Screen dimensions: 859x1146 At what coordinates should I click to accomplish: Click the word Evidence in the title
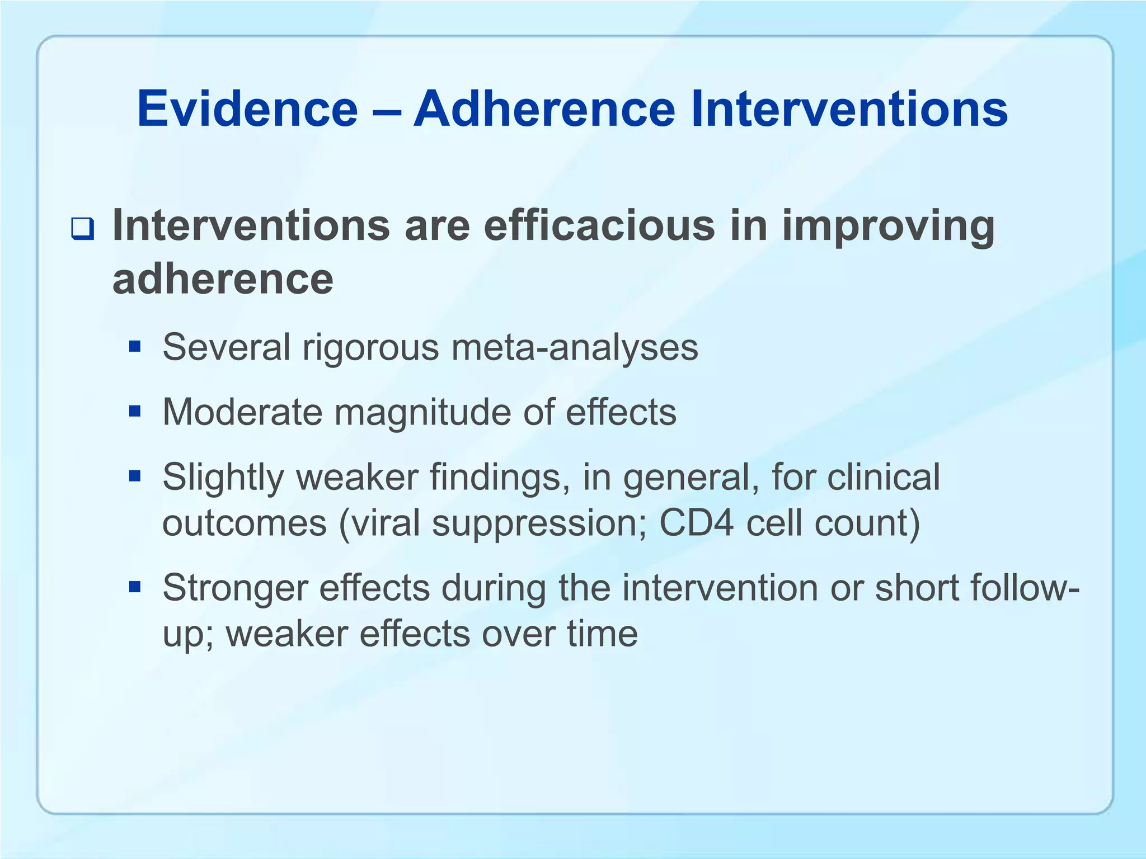coord(247,109)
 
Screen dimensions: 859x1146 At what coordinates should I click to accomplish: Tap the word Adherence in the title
coord(544,109)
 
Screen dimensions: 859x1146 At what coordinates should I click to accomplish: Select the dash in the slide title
coord(386,110)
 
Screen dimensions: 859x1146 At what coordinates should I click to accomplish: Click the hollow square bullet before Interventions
coord(82,230)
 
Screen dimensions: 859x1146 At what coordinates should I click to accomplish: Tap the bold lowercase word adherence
coord(223,279)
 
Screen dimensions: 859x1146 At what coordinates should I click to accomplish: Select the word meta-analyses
coord(575,347)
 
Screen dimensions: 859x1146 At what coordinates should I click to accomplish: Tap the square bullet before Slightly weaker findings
coord(134,477)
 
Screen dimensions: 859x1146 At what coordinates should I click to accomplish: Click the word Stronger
coord(235,589)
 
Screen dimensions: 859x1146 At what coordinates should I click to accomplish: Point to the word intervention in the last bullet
coord(721,588)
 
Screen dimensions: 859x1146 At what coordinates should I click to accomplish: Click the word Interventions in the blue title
coord(849,109)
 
